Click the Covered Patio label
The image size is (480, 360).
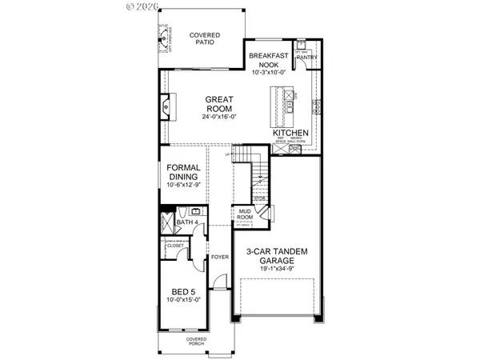pos(204,40)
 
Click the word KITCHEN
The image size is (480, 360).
pos(293,133)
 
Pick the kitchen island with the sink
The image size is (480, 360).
pos(284,105)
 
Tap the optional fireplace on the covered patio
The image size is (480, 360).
pos(166,38)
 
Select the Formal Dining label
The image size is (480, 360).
pos(183,173)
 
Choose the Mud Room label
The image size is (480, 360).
pos(244,214)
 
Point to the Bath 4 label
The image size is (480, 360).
pos(187,222)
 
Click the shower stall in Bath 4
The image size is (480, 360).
pos(168,222)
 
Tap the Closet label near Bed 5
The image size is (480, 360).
pos(175,246)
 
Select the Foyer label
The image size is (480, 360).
pos(220,257)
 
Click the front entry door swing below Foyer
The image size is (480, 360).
pos(218,284)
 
